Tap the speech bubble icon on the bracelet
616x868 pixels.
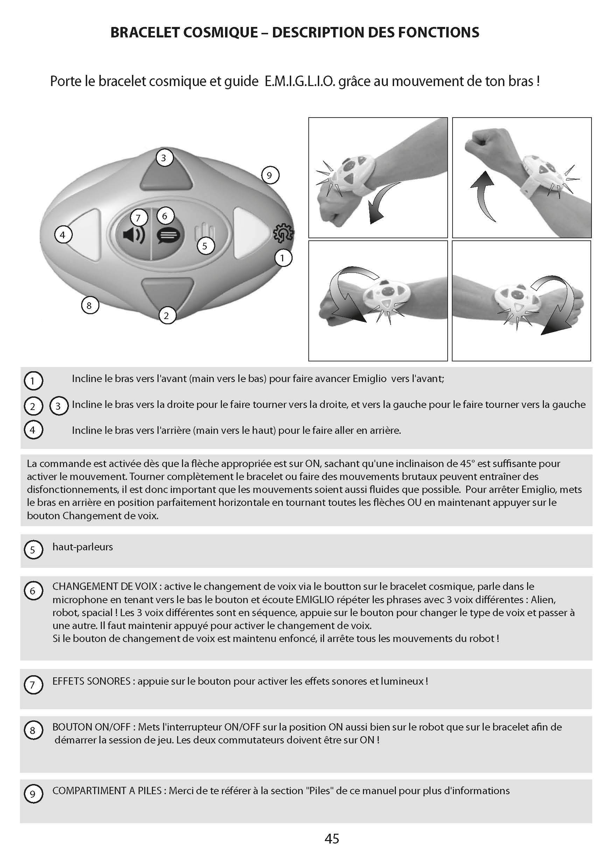click(168, 236)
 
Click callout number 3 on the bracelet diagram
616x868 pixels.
click(164, 157)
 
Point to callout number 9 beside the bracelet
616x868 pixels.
click(270, 175)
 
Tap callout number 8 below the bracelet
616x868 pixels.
click(90, 305)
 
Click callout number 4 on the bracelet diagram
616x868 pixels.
click(63, 235)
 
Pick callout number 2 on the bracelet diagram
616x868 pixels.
click(167, 315)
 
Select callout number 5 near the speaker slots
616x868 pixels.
click(205, 246)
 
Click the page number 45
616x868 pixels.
click(332, 838)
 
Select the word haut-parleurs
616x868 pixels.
click(83, 547)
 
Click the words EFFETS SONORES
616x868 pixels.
click(91, 681)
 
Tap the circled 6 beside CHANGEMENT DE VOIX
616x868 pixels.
click(33, 591)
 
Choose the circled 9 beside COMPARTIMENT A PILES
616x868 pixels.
click(33, 794)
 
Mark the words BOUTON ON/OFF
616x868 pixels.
click(91, 727)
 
